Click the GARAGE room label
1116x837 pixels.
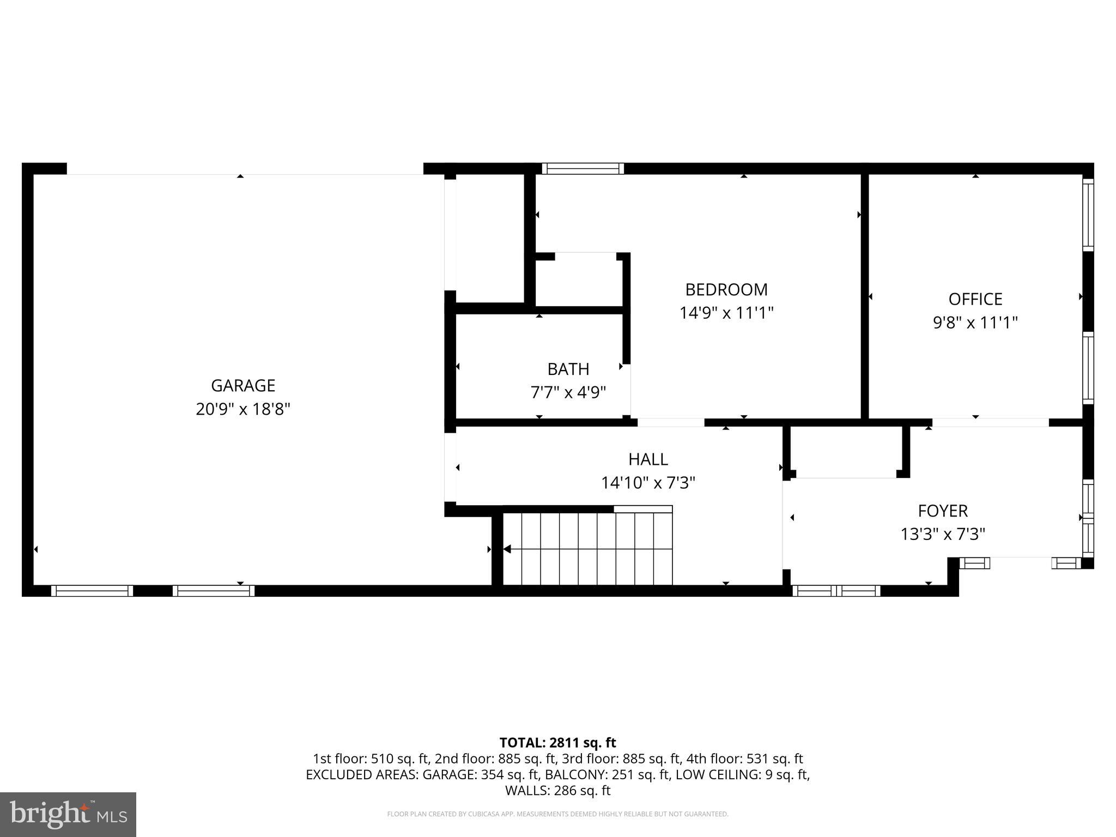click(243, 385)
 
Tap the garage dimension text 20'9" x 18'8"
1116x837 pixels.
click(243, 409)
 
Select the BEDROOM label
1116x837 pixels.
click(726, 289)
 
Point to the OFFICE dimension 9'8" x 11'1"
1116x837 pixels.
click(975, 323)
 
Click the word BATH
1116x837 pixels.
click(568, 369)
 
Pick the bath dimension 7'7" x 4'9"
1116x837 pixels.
click(568, 392)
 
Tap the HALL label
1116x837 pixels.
click(648, 459)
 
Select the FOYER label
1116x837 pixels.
click(943, 511)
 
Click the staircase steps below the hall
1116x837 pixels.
click(589, 549)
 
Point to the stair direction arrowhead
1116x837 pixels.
click(507, 549)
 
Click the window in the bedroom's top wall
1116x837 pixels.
click(583, 168)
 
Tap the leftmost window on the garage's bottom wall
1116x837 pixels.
click(92, 591)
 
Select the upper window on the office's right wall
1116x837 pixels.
click(1088, 215)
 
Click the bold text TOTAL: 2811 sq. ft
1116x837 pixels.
click(557, 743)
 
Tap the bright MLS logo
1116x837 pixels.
click(68, 814)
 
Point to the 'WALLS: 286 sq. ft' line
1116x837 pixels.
click(557, 791)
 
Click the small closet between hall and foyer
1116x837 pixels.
click(846, 451)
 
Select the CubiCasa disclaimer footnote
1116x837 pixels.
click(557, 814)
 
